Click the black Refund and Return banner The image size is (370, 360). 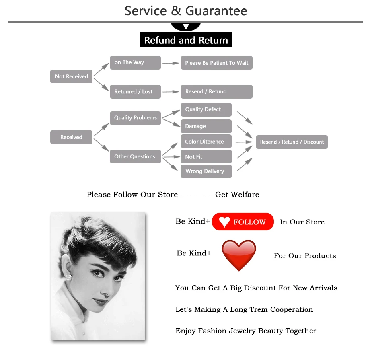tap(186, 40)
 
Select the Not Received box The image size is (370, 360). tap(72, 76)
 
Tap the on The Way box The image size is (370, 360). tap(135, 62)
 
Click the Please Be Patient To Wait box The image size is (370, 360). tap(216, 63)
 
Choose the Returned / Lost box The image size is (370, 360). tap(135, 92)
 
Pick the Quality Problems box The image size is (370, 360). tap(135, 118)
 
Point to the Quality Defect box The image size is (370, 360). tap(206, 109)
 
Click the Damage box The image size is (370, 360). tap(206, 126)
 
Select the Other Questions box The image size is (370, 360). tap(135, 156)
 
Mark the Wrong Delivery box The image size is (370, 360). tap(206, 171)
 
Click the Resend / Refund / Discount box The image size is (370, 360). tap(292, 142)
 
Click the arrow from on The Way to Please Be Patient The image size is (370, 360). tap(171, 63)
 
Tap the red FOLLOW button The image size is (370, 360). tap(243, 222)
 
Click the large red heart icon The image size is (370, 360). tap(239, 255)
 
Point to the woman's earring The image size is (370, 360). tap(68, 277)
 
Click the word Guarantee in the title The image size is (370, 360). tap(217, 11)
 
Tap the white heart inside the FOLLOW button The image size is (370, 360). tap(224, 222)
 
